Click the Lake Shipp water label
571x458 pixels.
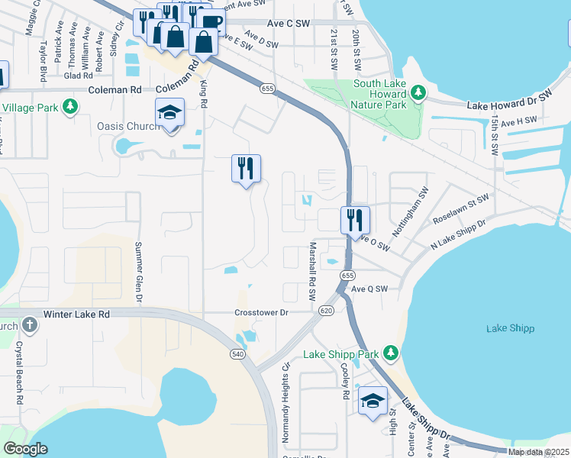(x=510, y=328)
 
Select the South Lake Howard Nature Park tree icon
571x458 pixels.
(x=418, y=93)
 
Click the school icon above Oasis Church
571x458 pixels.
(x=169, y=113)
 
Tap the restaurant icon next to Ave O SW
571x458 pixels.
(x=355, y=220)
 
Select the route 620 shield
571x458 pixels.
(x=327, y=311)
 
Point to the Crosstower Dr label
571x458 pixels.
(x=262, y=312)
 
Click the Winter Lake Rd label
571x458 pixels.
(x=76, y=314)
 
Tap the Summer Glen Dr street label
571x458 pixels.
(x=139, y=273)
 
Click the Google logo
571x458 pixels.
(x=25, y=449)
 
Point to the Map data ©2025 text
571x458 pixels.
(x=538, y=452)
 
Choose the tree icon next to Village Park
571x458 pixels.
(x=70, y=107)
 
